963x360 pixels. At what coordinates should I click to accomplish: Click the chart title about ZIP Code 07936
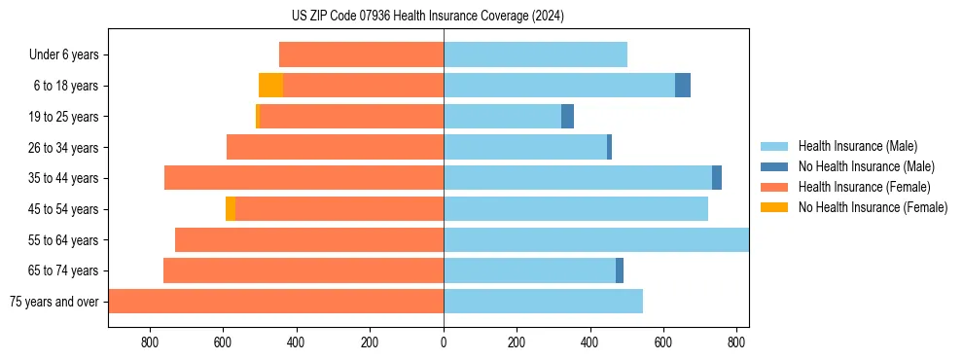click(428, 17)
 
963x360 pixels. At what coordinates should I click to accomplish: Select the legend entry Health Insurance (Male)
click(857, 146)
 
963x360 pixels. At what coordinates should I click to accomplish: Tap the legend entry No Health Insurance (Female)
click(873, 207)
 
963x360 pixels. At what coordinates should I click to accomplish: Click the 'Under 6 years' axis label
click(64, 55)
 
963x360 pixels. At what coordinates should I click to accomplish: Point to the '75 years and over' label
click(53, 302)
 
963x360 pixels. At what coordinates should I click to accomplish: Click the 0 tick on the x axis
click(444, 342)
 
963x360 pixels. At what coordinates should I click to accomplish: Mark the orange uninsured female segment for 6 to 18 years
click(270, 86)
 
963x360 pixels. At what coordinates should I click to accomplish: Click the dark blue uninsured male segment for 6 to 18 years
click(683, 86)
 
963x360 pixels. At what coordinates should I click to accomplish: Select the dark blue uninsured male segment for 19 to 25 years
click(568, 117)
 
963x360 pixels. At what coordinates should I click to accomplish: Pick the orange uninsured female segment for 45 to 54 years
click(231, 209)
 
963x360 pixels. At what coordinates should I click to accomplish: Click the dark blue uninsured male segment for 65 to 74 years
click(620, 270)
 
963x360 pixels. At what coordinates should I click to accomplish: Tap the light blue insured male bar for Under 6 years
click(535, 54)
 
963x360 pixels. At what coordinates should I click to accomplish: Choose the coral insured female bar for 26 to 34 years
click(335, 147)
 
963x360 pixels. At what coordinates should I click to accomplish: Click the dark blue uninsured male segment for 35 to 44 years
click(717, 178)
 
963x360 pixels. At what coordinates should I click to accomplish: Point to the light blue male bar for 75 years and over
click(543, 302)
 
